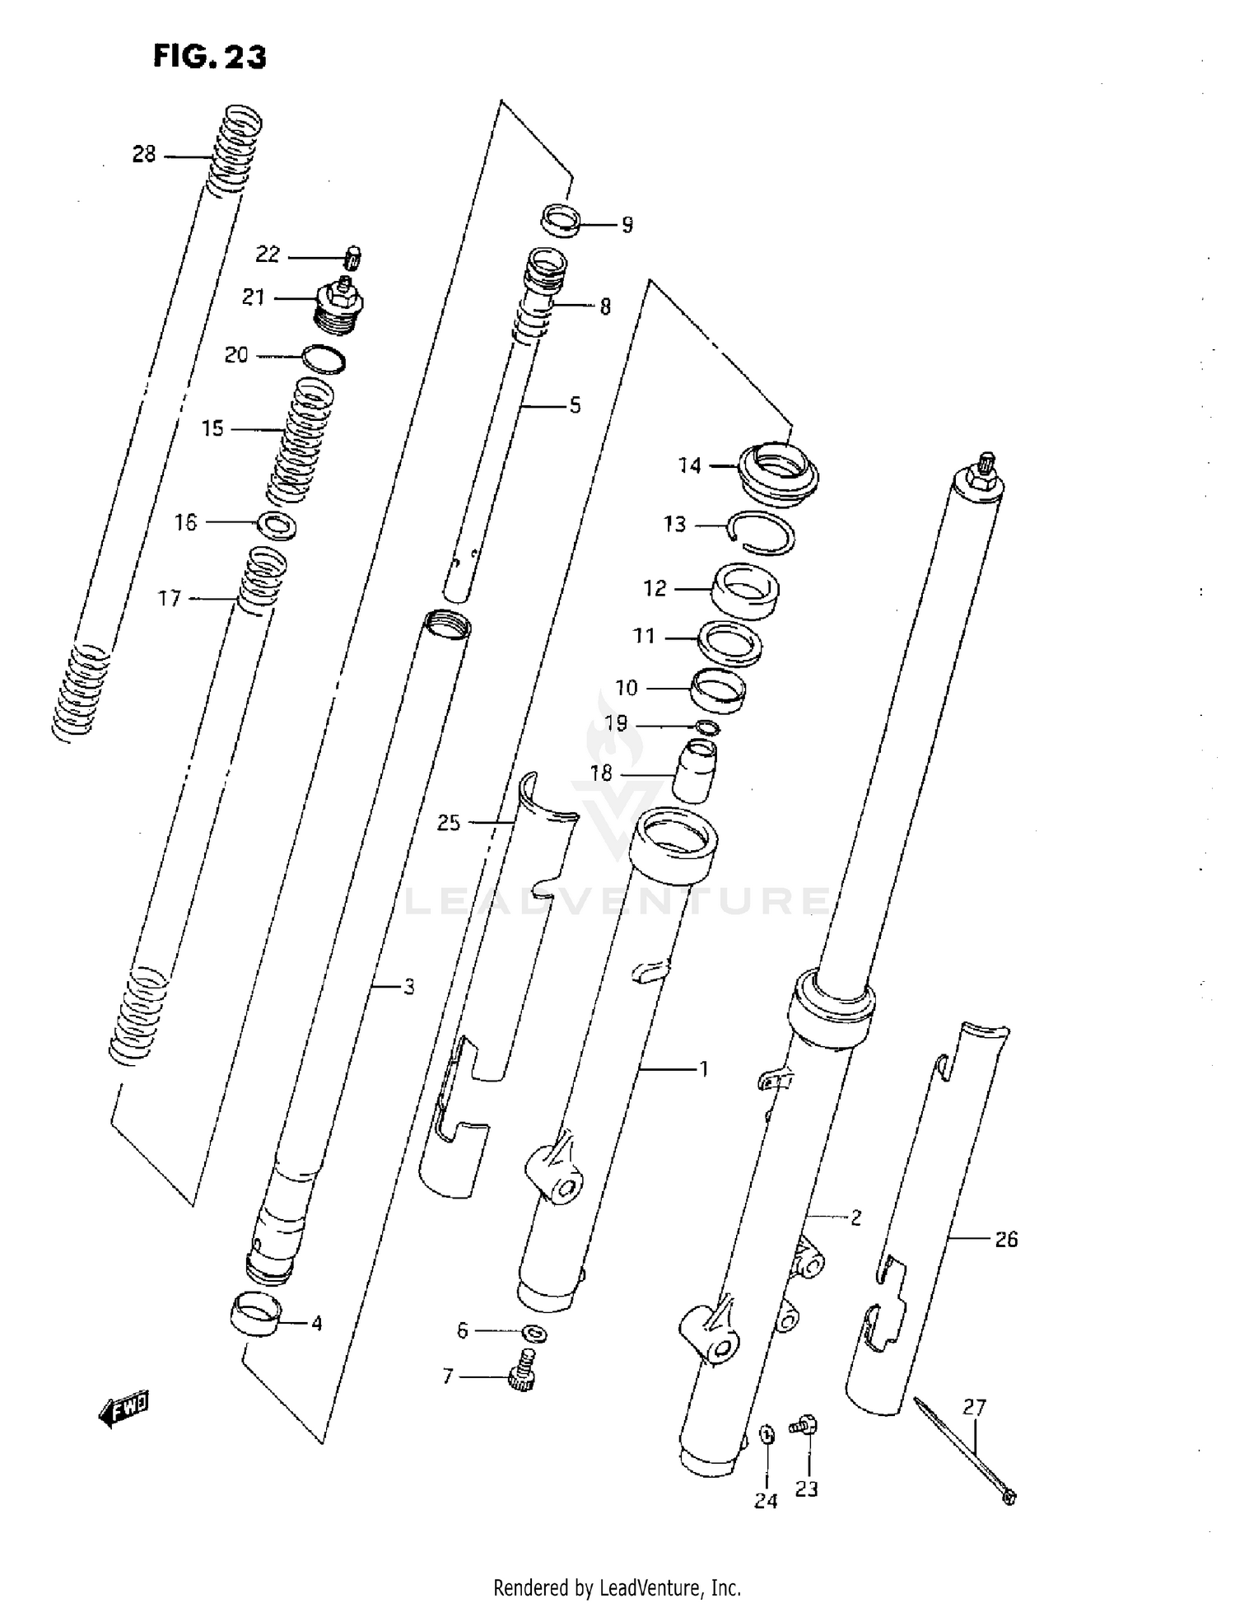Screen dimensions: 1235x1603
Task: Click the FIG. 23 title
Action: [209, 57]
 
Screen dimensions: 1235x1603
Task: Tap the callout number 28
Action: [144, 154]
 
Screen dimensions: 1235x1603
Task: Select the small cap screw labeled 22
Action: [353, 258]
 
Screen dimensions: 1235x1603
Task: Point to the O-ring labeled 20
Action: [324, 360]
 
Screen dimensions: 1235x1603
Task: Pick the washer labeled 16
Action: [277, 525]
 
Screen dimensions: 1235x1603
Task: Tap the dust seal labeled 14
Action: [779, 469]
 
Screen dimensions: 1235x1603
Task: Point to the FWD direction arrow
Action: [124, 1409]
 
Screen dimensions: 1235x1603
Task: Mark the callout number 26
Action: [1006, 1240]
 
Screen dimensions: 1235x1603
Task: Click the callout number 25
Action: [449, 822]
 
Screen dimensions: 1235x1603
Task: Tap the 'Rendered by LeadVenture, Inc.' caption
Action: [617, 1587]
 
